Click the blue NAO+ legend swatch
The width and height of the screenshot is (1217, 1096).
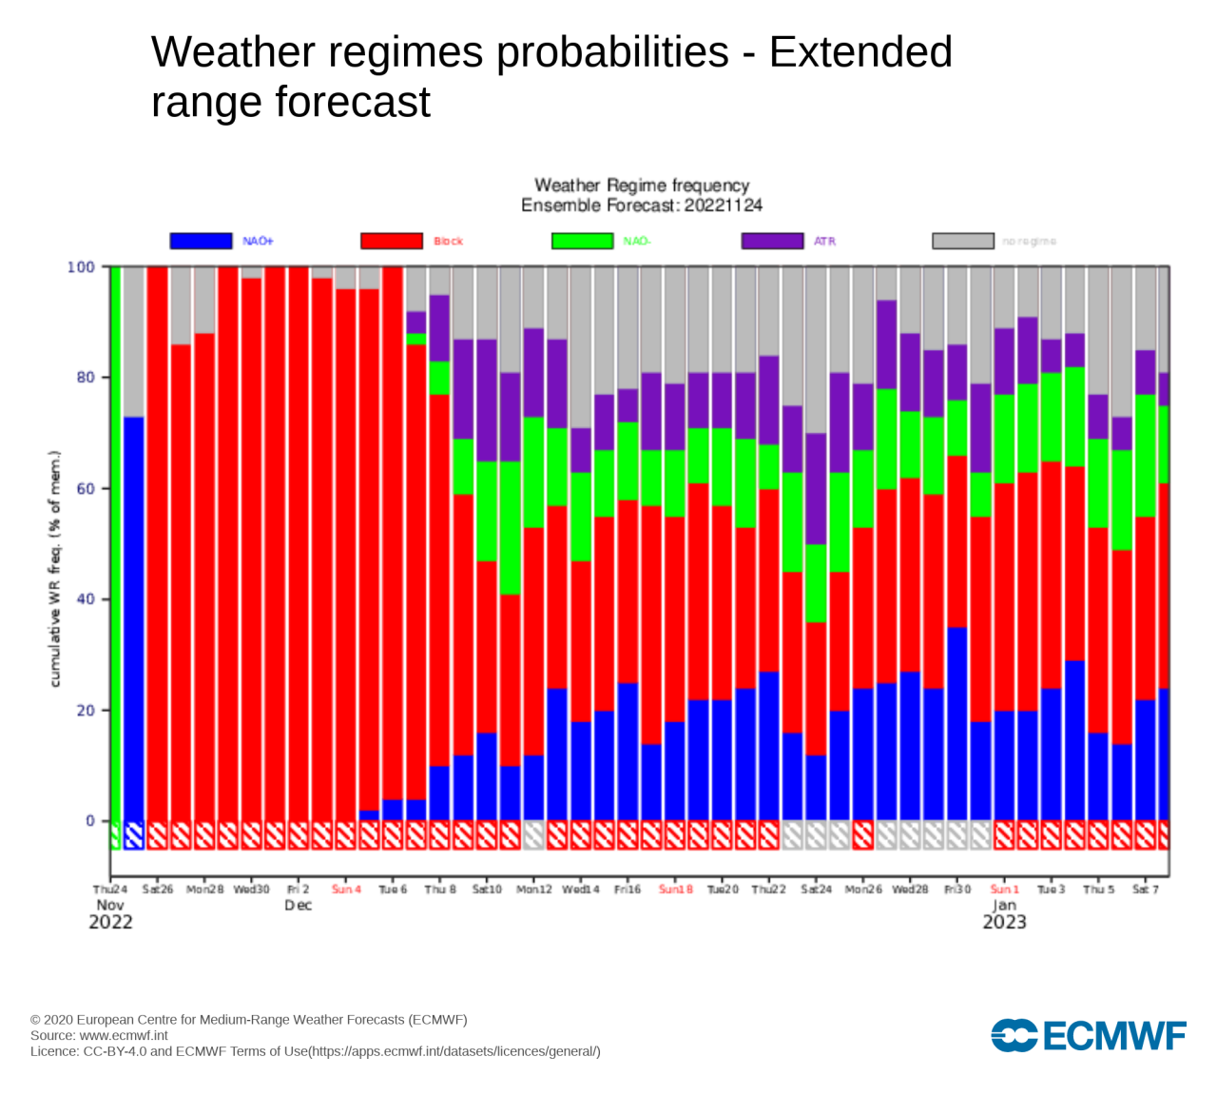pyautogui.click(x=201, y=241)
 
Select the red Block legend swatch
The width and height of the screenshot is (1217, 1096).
pyautogui.click(x=392, y=241)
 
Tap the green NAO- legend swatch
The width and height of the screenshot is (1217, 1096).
pyautogui.click(x=582, y=241)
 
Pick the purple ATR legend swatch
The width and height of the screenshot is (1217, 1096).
pyautogui.click(x=772, y=241)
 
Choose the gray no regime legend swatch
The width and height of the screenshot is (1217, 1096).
pyautogui.click(x=962, y=241)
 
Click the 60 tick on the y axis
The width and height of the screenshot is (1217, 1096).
pyautogui.click(x=85, y=489)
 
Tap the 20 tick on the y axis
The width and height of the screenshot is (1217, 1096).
pyautogui.click(x=85, y=711)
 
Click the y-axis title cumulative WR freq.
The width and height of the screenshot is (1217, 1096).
pyautogui.click(x=55, y=569)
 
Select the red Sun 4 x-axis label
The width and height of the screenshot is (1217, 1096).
pyautogui.click(x=346, y=890)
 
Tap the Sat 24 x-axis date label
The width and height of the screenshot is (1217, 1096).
pyautogui.click(x=816, y=890)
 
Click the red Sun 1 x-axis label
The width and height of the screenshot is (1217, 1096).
pyautogui.click(x=1004, y=890)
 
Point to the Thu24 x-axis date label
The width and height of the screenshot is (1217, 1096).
pyautogui.click(x=110, y=890)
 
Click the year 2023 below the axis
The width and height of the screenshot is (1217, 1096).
pyautogui.click(x=1004, y=922)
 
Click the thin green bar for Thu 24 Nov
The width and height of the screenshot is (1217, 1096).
pyautogui.click(x=115, y=542)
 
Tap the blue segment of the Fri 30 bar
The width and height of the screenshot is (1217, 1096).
pyautogui.click(x=956, y=723)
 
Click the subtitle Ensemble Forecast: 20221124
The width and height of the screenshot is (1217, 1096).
pyautogui.click(x=642, y=205)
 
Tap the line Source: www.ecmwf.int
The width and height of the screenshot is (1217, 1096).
pyautogui.click(x=99, y=1035)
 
